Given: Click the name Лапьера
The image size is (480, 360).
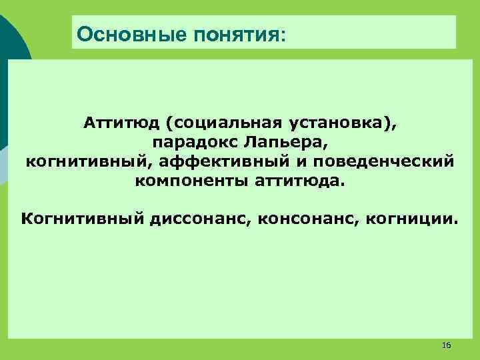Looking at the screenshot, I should coord(281,143).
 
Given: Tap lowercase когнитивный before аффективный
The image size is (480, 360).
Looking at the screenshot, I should coord(89,161).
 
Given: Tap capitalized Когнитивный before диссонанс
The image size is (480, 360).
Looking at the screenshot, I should coord(81,219).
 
